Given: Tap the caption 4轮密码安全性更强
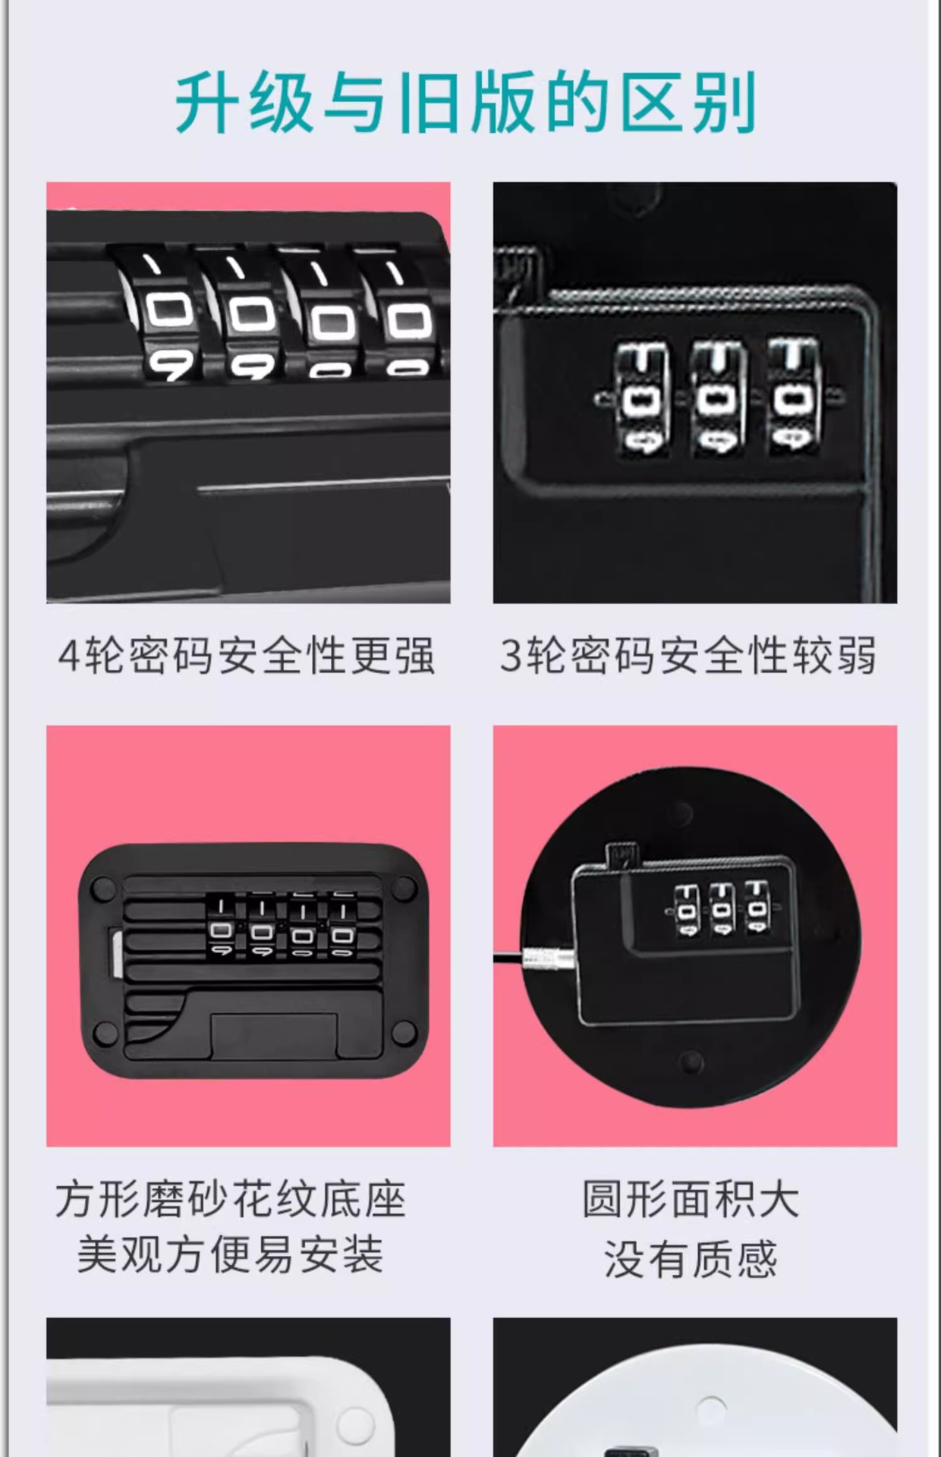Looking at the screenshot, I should point(247,655).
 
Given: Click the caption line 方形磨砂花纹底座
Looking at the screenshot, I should point(231,1200).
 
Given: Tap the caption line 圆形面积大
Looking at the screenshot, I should point(691,1200).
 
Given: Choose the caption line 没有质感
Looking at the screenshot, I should point(691,1259).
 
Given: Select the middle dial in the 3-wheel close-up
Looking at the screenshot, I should point(717,398).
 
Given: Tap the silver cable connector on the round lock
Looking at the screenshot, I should point(549,958).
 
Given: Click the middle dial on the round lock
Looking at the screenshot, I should point(720,908).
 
